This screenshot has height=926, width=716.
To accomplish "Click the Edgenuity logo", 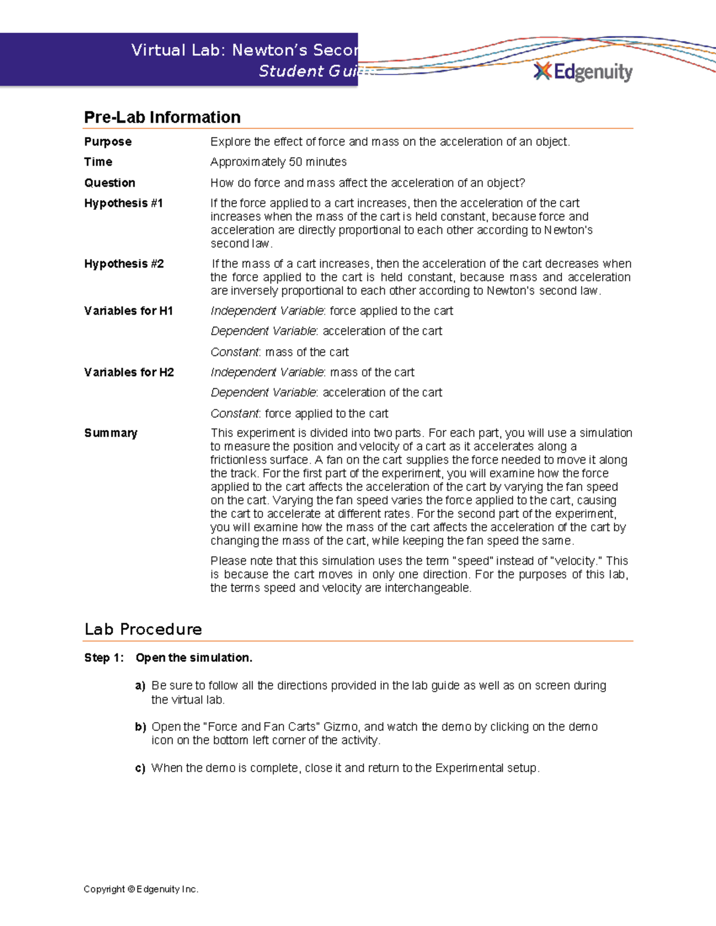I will [x=583, y=72].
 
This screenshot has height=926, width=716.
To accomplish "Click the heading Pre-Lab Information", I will [x=162, y=117].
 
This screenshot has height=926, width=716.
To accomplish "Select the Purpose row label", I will [x=108, y=142].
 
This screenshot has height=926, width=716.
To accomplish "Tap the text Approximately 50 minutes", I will [x=279, y=162].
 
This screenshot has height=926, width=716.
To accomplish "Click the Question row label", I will [x=110, y=183].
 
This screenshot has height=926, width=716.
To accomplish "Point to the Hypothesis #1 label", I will [x=124, y=203].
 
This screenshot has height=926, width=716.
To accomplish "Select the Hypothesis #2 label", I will [x=124, y=264].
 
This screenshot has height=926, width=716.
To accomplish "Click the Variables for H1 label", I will [x=128, y=311].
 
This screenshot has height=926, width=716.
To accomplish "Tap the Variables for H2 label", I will [x=129, y=372].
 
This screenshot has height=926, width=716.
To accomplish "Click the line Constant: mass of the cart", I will [x=280, y=352].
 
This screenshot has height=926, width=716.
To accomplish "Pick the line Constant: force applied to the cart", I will [x=300, y=413].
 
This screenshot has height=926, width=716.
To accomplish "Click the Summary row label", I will [x=111, y=433].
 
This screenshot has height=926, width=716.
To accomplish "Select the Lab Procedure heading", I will [x=143, y=630].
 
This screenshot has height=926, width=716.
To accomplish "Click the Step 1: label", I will [x=104, y=658].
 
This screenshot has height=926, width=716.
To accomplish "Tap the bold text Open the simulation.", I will [x=194, y=658].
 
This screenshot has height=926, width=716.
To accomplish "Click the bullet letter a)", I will [x=140, y=686].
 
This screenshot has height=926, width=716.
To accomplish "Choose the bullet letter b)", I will [x=140, y=727].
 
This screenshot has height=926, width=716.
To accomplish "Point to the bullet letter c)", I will [x=140, y=769].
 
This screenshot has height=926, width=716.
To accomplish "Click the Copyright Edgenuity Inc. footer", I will [x=141, y=889].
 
